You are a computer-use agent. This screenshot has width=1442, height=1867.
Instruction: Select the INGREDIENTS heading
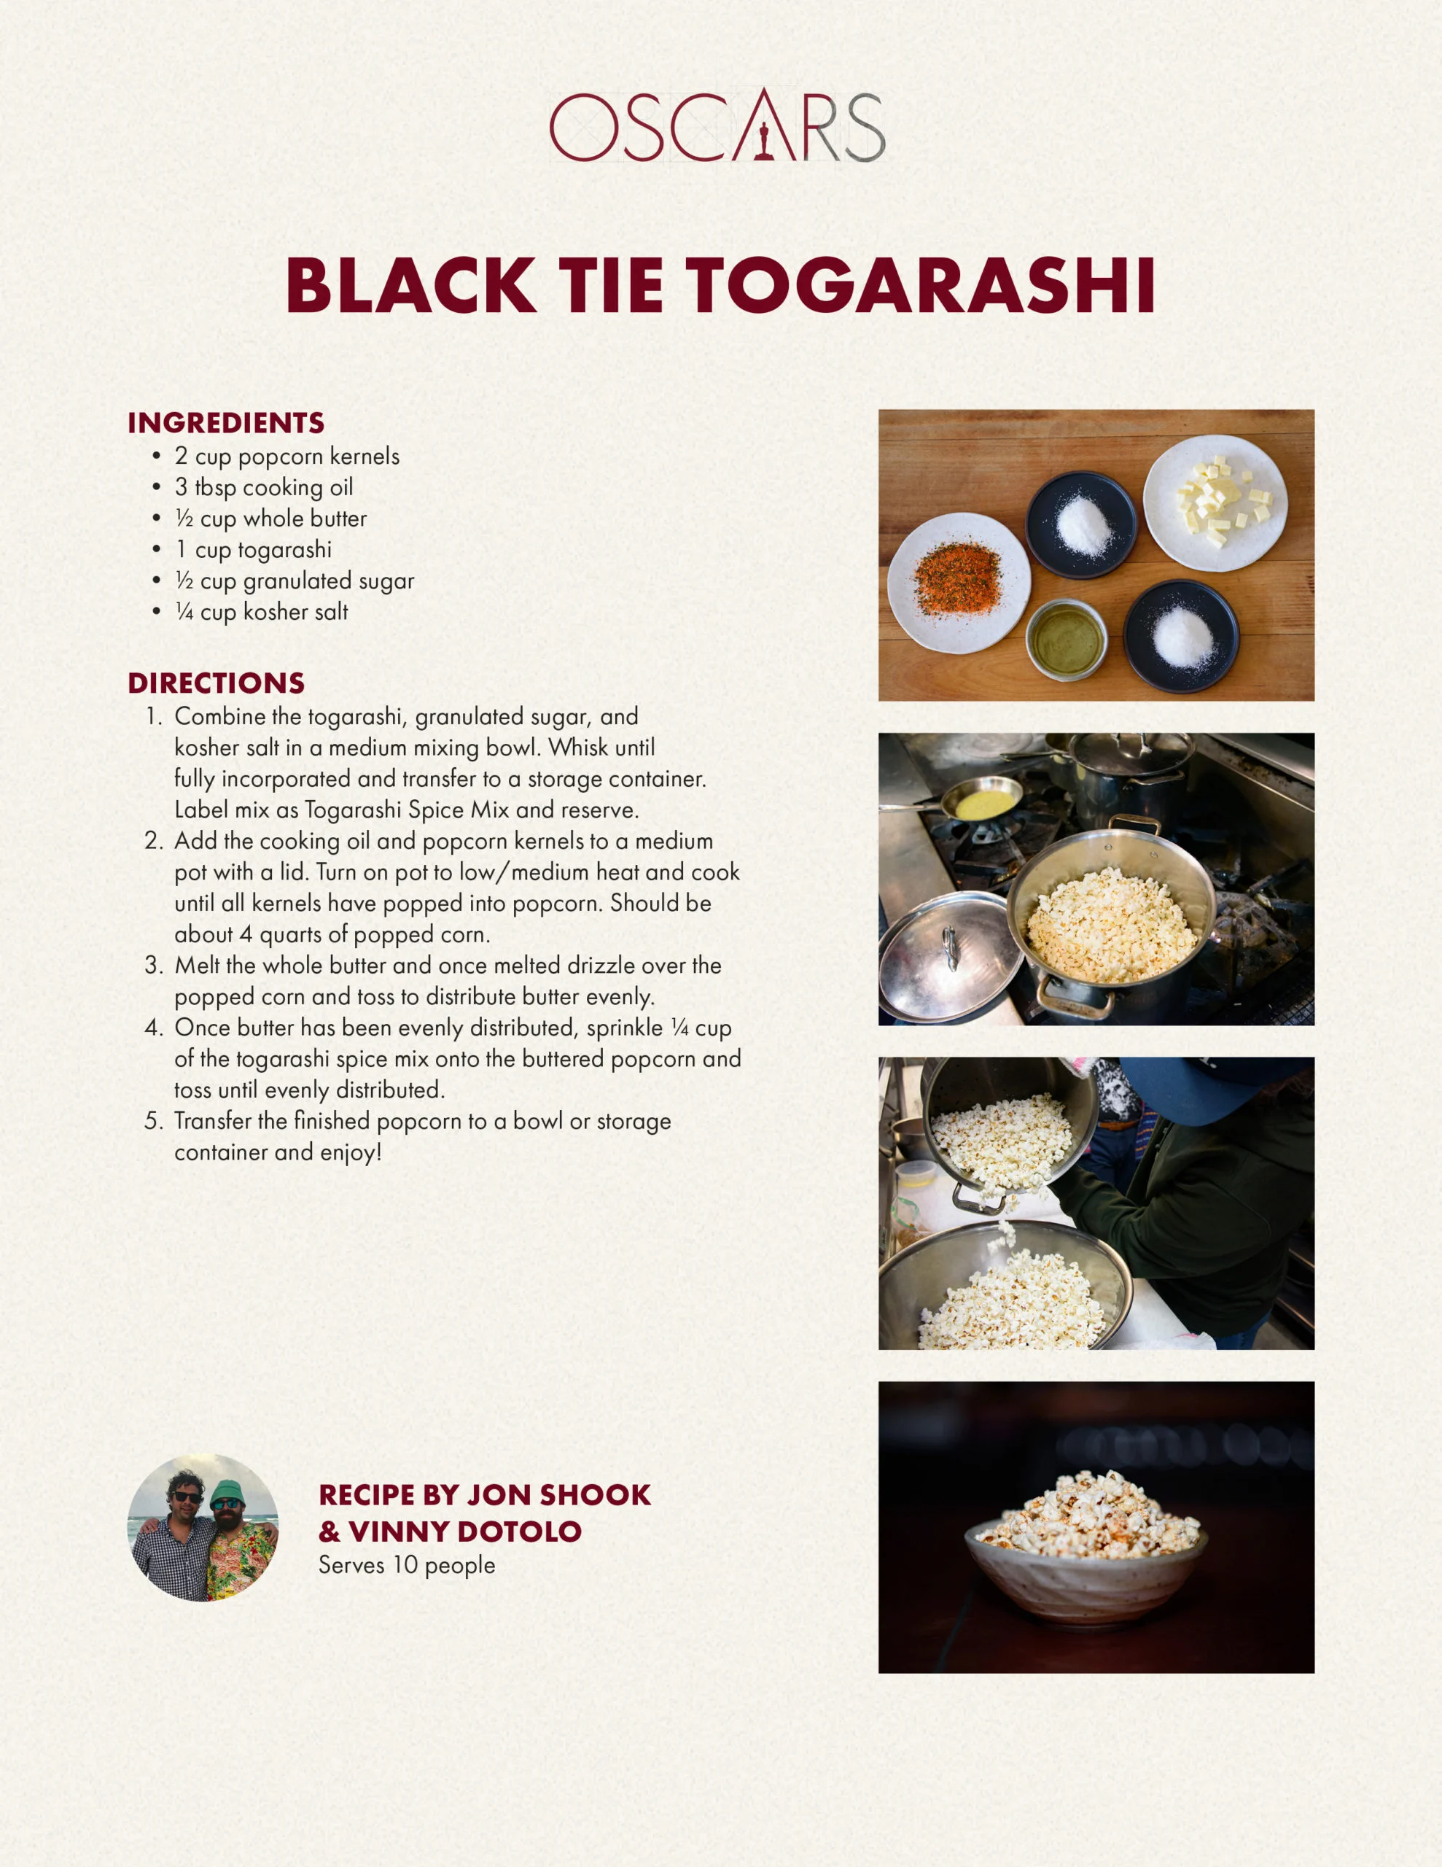pos(226,422)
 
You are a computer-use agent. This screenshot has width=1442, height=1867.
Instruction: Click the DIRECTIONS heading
pos(217,682)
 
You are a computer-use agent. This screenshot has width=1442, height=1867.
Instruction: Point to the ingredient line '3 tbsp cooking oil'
pos(263,487)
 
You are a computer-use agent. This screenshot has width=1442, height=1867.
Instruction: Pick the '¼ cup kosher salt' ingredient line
pos(261,612)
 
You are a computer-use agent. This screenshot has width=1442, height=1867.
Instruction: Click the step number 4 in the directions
pos(153,1028)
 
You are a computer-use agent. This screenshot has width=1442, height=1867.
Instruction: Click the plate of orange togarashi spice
pos(958,583)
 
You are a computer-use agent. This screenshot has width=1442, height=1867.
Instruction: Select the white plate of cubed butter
pos(1215,502)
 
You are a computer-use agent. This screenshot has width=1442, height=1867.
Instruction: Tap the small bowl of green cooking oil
pos(1066,639)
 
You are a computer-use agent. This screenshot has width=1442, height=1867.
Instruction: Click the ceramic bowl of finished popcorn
pos(1086,1558)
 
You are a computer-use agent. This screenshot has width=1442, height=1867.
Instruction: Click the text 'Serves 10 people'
pos(407,1565)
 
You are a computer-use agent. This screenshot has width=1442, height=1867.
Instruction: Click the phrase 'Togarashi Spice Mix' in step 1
pos(407,810)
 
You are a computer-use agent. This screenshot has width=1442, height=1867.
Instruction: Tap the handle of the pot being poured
pos(979,1198)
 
